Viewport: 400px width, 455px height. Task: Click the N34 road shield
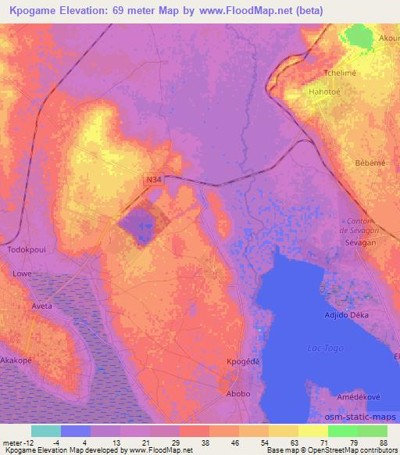coord(154,181)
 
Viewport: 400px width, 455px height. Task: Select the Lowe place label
coord(21,274)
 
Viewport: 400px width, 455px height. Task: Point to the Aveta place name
coord(41,306)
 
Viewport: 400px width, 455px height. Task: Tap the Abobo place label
coord(239,393)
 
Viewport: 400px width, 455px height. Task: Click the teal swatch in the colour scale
coord(46,431)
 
